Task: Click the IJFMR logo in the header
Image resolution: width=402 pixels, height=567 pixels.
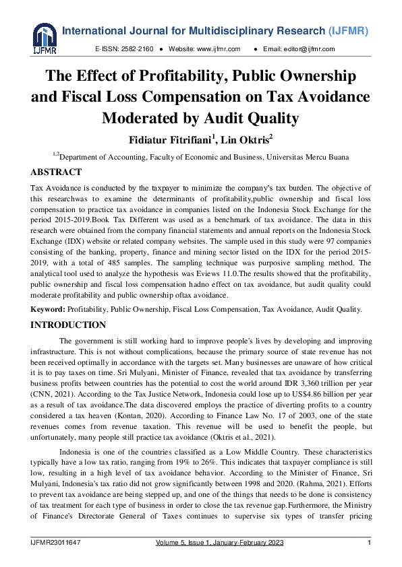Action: pos(43,39)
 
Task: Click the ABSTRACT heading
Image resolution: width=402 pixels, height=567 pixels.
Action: pos(57,172)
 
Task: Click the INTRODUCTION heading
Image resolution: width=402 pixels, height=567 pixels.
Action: pos(68,325)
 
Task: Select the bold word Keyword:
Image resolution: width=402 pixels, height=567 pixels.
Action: pos(48,309)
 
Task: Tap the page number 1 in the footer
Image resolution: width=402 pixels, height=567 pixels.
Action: pos(369,543)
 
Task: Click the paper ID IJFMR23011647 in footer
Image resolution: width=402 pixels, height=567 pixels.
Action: pos(59,543)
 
